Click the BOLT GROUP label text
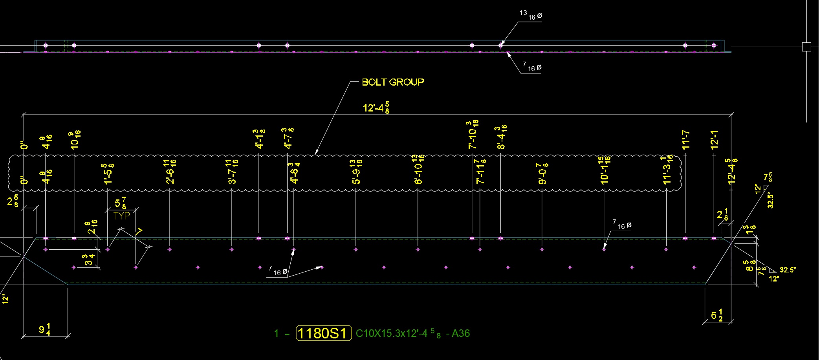click(392, 82)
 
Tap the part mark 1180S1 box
click(323, 333)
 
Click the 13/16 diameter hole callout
click(531, 15)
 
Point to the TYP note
click(121, 216)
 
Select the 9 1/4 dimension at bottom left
click(44, 329)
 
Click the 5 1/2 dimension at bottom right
click(717, 315)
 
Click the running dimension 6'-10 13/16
click(418, 170)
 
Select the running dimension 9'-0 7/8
click(542, 174)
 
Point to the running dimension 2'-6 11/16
click(170, 172)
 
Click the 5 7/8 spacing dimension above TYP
click(120, 203)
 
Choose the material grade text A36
click(460, 333)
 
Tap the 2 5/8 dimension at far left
click(13, 201)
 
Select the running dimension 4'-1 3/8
click(259, 139)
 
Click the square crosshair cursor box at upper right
click(806, 47)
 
